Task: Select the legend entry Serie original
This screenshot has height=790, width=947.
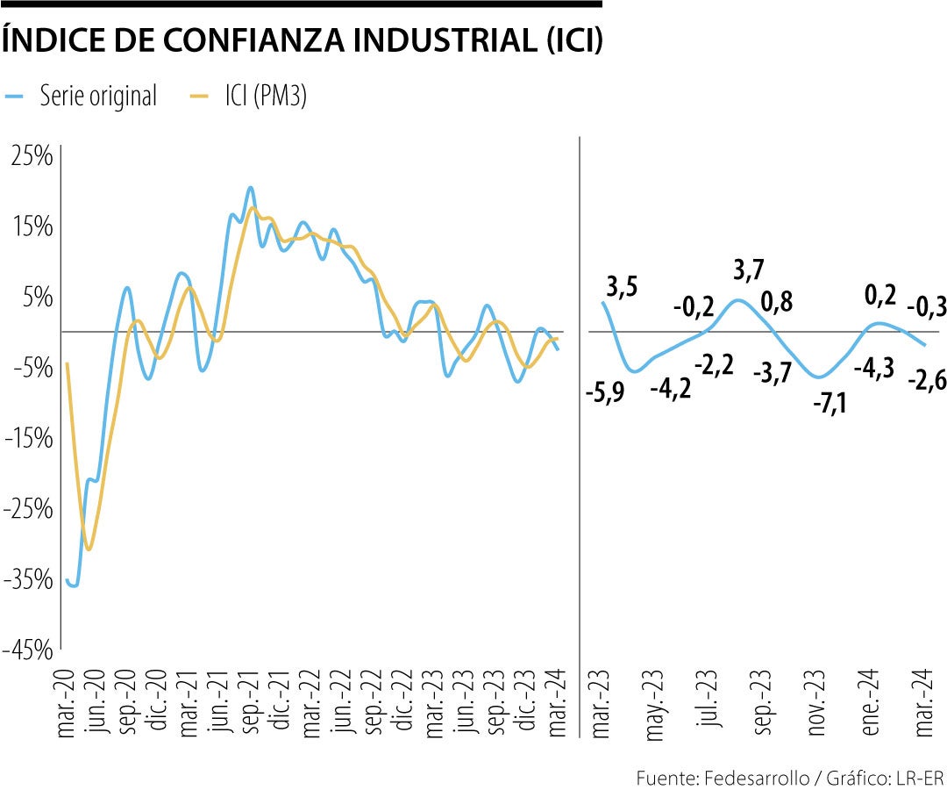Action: (97, 97)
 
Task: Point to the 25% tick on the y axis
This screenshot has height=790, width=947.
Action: (32, 156)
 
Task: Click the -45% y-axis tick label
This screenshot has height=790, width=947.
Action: (29, 650)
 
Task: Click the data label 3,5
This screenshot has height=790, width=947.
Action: (621, 287)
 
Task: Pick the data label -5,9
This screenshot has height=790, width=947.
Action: (605, 392)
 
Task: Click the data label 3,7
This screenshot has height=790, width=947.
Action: (747, 272)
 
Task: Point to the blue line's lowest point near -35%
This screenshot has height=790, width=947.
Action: (74, 585)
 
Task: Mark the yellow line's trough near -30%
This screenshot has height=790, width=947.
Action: (89, 549)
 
